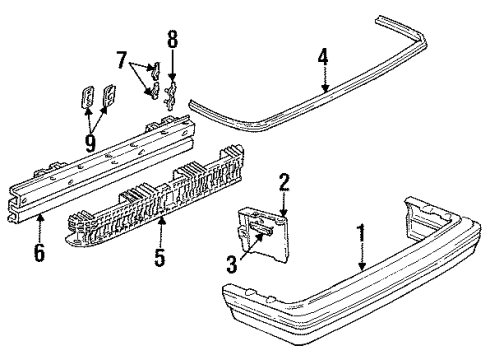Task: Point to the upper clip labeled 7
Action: point(155,70)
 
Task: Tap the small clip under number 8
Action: point(171,93)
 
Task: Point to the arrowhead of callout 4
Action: point(324,92)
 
